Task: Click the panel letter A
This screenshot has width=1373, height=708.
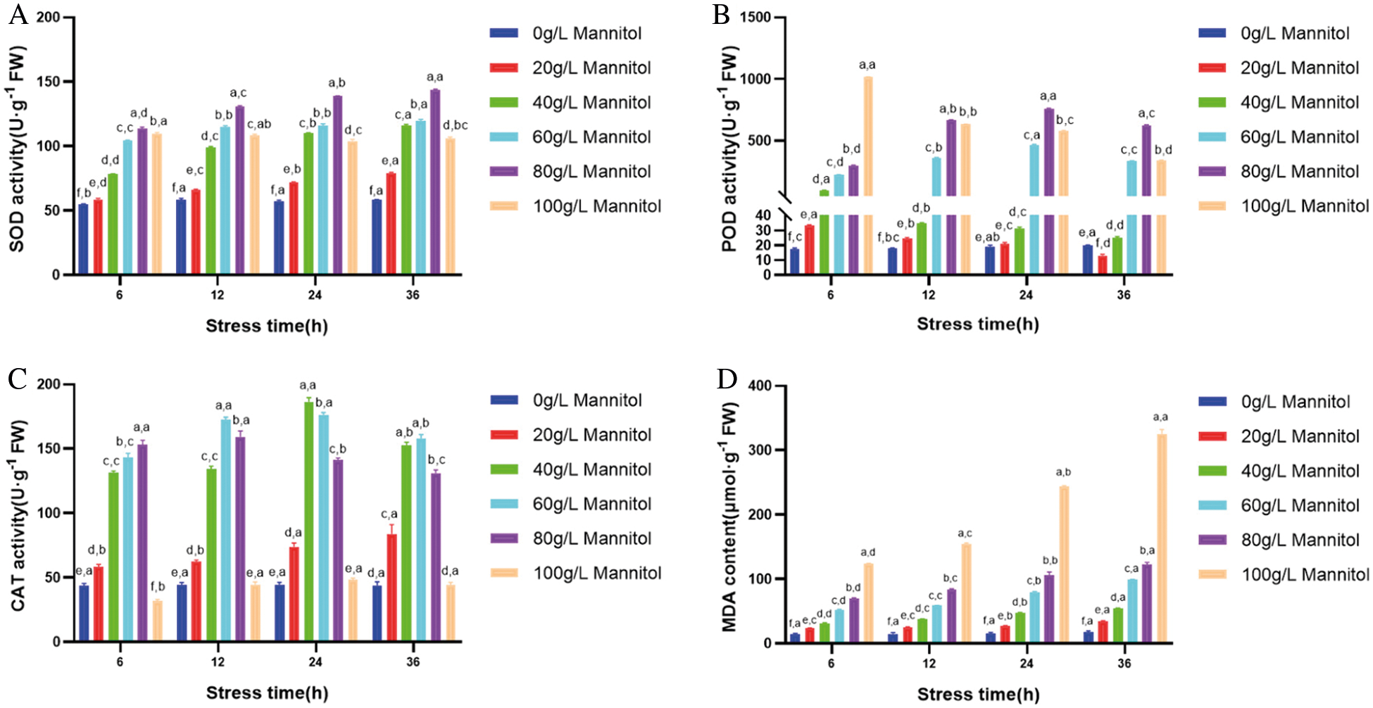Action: pyautogui.click(x=18, y=15)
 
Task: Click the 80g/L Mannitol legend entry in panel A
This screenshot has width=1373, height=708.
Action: pyautogui.click(x=575, y=172)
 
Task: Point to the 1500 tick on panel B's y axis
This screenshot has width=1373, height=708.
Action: pyautogui.click(x=756, y=17)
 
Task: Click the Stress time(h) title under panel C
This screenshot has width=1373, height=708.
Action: pyautogui.click(x=267, y=693)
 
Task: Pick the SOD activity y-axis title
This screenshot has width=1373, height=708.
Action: pyautogui.click(x=17, y=148)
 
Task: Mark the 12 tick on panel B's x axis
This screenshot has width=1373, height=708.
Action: pyautogui.click(x=928, y=295)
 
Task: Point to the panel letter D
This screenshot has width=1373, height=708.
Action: pyautogui.click(x=727, y=380)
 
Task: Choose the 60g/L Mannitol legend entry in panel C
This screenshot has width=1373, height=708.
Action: pyautogui.click(x=575, y=504)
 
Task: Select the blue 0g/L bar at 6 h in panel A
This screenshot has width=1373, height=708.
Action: pyautogui.click(x=83, y=239)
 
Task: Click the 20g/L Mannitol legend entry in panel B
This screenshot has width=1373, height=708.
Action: pyautogui.click(x=1283, y=68)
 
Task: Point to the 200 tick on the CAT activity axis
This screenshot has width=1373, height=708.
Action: pyautogui.click(x=49, y=384)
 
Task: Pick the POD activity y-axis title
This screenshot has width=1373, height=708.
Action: pyautogui.click(x=729, y=148)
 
